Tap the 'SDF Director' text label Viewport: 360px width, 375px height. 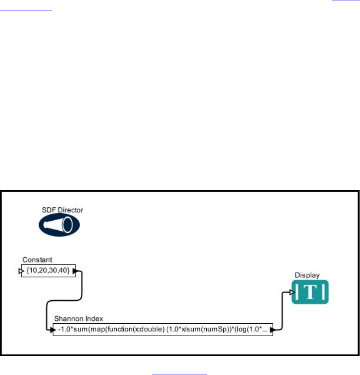pyautogui.click(x=62, y=210)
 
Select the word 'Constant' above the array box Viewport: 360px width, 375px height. pyautogui.click(x=37, y=260)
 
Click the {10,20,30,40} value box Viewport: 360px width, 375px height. pyautogui.click(x=48, y=271)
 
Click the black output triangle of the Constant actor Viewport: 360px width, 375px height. pyautogui.click(x=75, y=271)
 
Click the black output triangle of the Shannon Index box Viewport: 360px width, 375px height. pyautogui.click(x=272, y=330)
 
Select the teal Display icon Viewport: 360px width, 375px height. pyautogui.click(x=310, y=292)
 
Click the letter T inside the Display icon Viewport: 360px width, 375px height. pyautogui.click(x=311, y=292)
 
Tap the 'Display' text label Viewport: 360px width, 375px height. pyautogui.click(x=307, y=275)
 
